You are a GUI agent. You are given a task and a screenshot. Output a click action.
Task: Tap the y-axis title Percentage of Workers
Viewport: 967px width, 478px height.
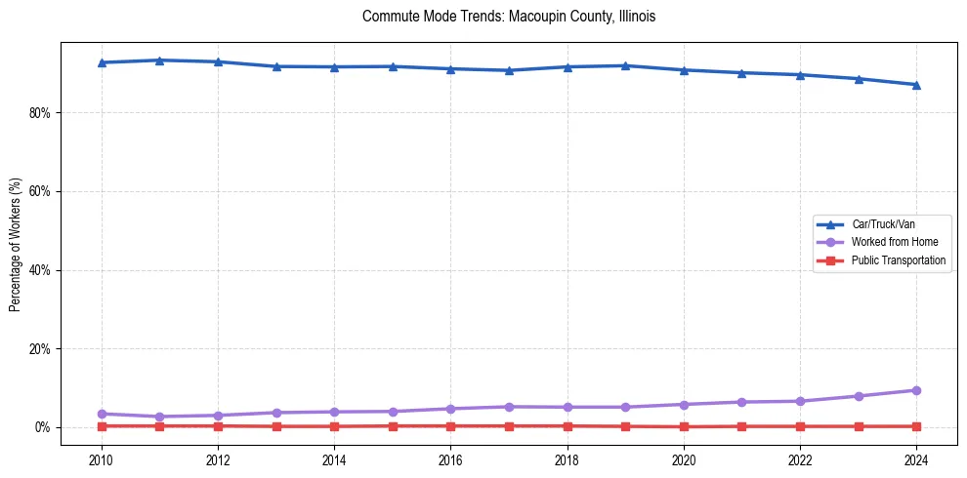tap(15, 244)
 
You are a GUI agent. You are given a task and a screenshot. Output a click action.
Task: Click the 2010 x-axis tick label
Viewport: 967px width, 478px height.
tap(102, 458)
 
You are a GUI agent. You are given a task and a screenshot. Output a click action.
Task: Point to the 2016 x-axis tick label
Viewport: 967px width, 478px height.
tap(450, 458)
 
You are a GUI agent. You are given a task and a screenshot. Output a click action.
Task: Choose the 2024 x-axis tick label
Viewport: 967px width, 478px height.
tap(916, 458)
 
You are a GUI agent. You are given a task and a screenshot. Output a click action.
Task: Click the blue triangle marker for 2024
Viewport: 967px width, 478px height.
tap(916, 85)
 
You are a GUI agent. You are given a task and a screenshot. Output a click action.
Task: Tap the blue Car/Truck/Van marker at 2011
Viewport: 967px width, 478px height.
tap(160, 60)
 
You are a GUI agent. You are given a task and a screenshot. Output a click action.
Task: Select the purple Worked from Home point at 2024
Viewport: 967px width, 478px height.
tap(916, 390)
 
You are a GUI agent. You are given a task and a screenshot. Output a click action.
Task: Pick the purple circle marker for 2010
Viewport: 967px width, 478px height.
tap(102, 414)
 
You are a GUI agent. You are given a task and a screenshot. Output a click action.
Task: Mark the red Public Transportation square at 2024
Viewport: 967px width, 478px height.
tap(916, 426)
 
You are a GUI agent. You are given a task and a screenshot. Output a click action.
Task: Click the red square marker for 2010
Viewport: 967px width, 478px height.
tap(102, 426)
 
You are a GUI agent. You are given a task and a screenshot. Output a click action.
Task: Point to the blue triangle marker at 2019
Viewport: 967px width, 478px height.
tap(625, 65)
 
